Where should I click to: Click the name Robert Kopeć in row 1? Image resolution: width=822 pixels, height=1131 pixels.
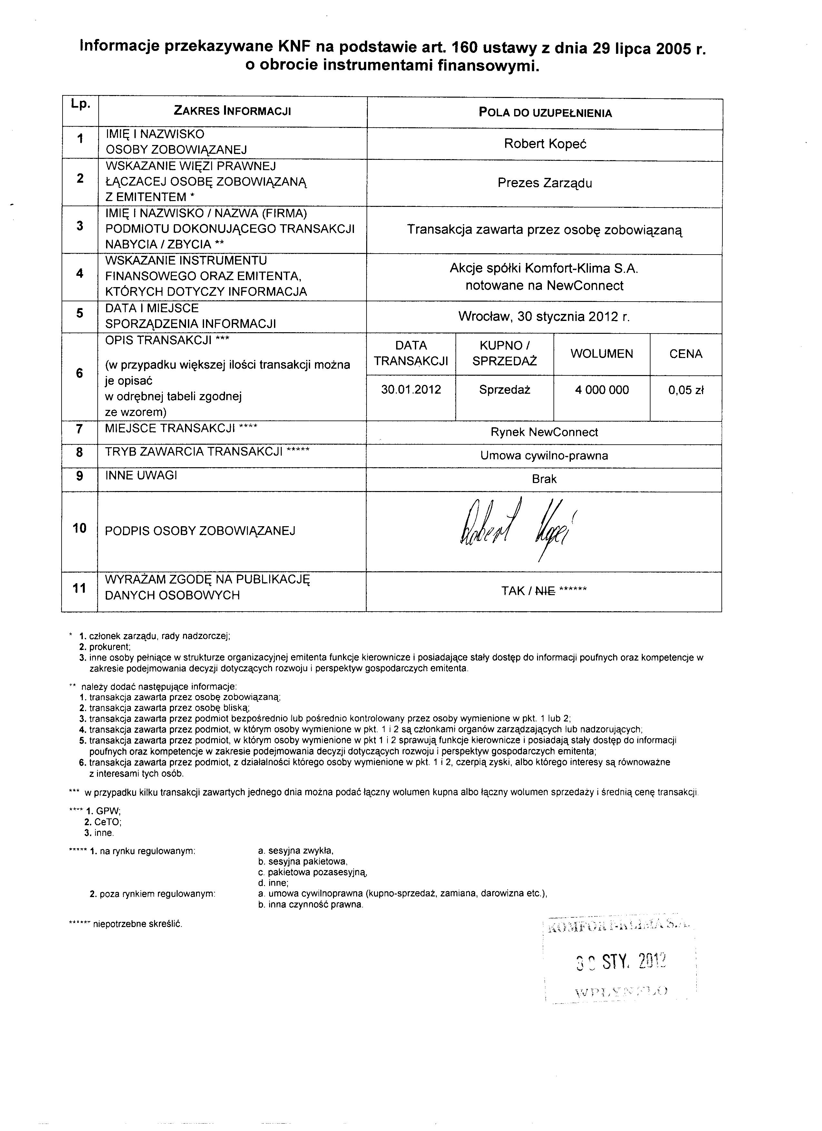545,144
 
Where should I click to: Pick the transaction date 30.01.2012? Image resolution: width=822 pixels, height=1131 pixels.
411,390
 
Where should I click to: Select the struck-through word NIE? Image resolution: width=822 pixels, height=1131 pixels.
545,591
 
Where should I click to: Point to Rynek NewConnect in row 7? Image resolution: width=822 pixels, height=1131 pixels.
544,432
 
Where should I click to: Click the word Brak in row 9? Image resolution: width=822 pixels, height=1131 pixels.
544,479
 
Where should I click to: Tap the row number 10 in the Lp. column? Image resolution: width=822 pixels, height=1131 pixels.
80,528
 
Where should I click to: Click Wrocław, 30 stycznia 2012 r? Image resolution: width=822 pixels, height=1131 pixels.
544,317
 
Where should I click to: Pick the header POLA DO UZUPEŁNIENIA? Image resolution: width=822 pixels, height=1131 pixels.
545,113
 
